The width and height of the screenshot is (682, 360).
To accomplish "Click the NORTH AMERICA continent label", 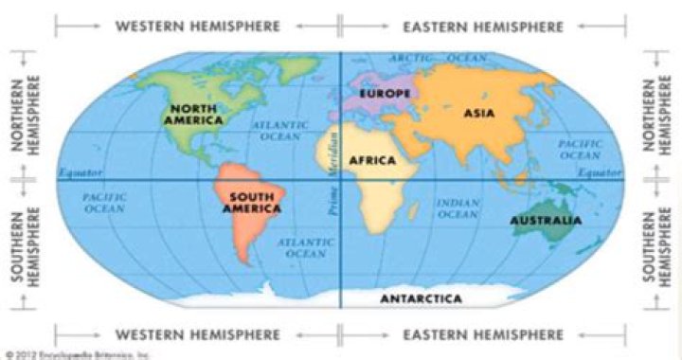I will coord(193,115).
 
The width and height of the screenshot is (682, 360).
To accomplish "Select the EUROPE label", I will coord(384,94).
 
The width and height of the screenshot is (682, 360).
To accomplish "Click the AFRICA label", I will coord(372,161).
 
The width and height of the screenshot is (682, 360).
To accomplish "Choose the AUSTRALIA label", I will coord(546,221).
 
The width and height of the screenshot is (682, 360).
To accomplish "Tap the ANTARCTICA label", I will coord(421,298).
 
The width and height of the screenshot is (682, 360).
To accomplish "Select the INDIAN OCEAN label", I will coord(458,208).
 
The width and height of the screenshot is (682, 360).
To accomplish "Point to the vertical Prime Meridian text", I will coord(332,171).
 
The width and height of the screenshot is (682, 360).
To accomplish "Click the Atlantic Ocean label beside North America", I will coord(280,131).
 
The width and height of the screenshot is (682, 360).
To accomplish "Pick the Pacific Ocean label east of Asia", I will coord(580,149).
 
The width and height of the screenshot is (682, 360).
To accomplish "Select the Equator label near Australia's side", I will coord(601,173).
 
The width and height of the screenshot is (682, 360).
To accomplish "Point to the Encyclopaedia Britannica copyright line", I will coord(77,354).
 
